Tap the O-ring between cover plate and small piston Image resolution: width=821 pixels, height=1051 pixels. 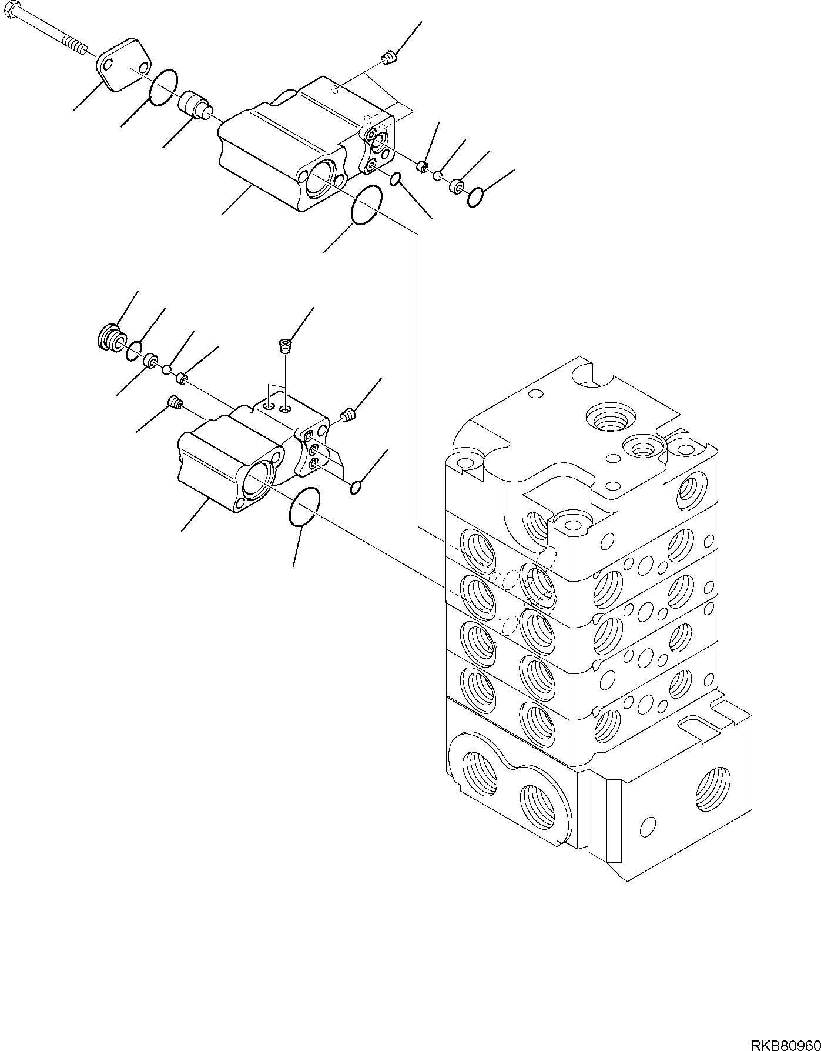click(164, 88)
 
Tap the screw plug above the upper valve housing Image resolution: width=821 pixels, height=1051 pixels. click(388, 57)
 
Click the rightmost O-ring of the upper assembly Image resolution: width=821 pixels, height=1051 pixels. click(476, 197)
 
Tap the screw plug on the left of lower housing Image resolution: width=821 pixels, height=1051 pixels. click(175, 402)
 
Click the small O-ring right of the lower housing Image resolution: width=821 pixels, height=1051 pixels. click(355, 488)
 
